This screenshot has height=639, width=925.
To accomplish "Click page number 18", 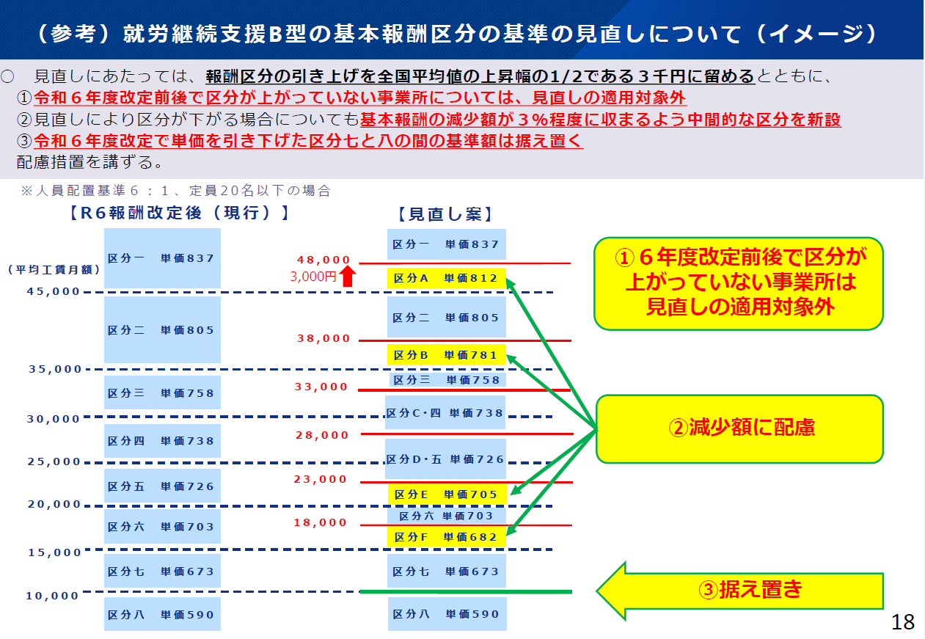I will coord(903,623).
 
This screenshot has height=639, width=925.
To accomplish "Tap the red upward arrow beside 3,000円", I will coord(348,276).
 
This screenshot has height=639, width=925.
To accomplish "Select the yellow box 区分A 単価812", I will coord(446,278).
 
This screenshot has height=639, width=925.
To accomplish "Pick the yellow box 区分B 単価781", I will coord(446,355).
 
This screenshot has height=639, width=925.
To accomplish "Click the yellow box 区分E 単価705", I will coord(446,494).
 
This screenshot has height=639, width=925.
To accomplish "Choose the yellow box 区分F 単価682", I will coord(446,537).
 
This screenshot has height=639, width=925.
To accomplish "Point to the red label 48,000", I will coord(323,260).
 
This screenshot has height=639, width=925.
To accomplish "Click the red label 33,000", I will coord(321,387).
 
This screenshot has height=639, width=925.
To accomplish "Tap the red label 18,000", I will coord(321,523).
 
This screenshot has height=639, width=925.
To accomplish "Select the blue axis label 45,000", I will coord(54,291).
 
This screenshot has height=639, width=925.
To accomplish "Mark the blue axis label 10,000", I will coord(52,596).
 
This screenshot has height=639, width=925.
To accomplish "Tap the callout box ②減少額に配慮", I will coord(739,428).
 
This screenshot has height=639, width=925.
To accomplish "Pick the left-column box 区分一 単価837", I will coord(161,258).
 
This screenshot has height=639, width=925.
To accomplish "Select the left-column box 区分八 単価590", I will coord(161,614).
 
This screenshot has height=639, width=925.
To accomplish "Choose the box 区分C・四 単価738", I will coord(445,413).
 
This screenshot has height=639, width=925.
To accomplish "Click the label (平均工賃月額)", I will coord(54,269).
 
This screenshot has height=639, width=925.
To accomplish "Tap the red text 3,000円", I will coord(313,277).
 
